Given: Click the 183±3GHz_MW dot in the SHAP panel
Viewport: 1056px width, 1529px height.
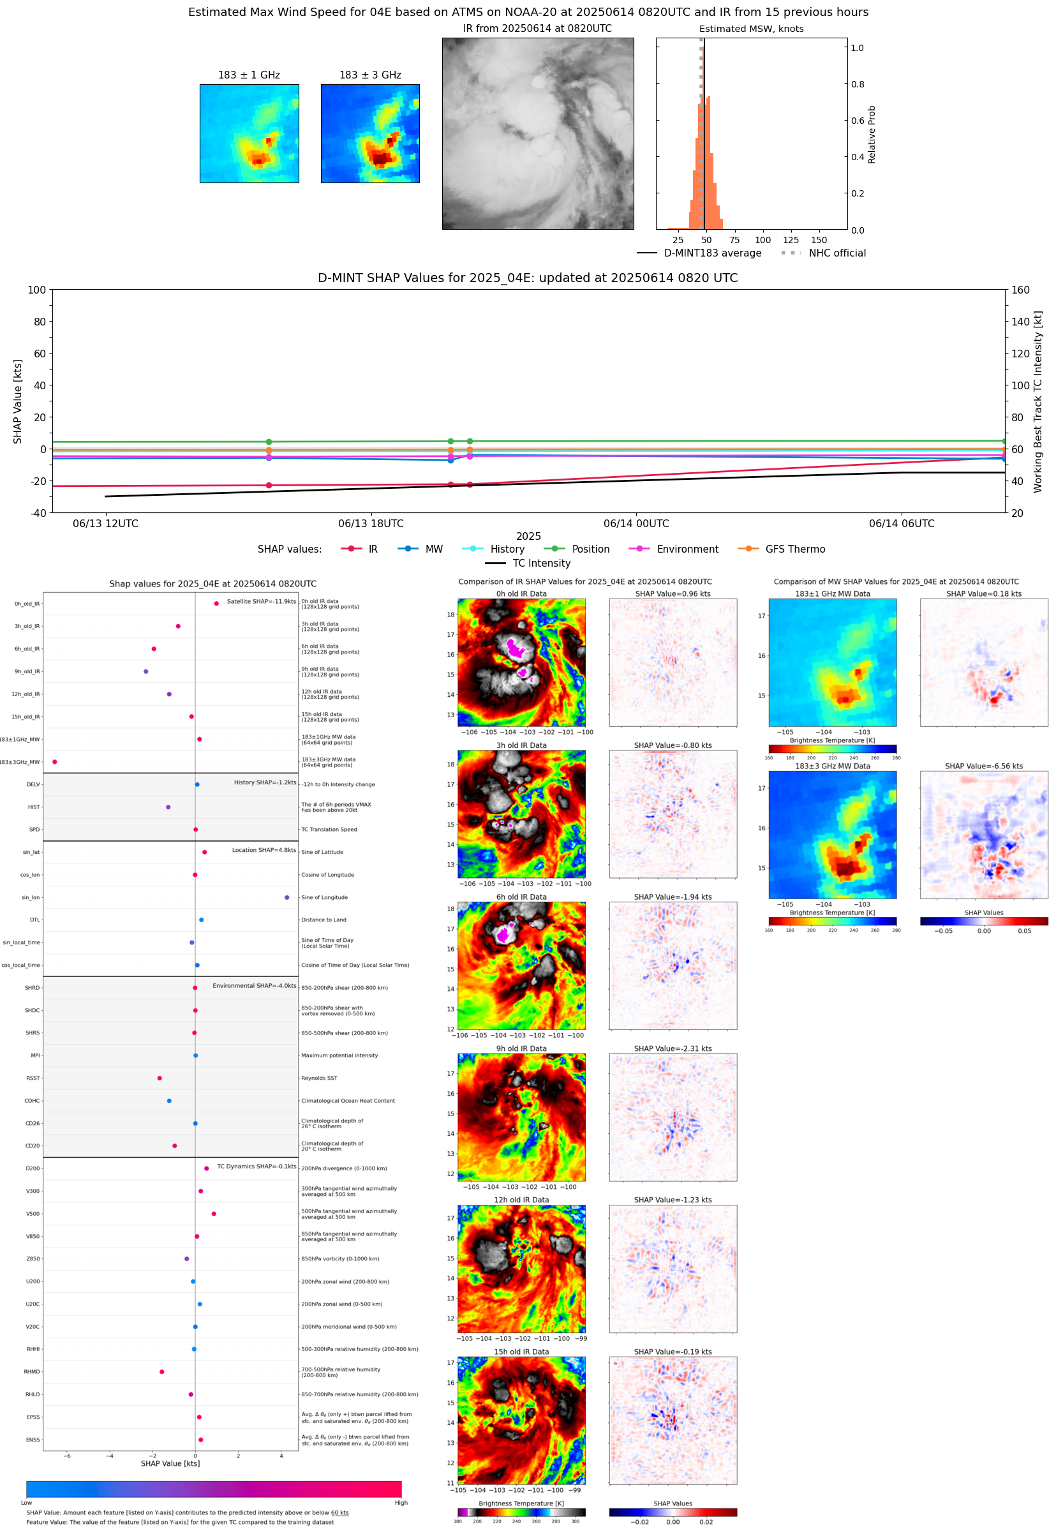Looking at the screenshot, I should pyautogui.click(x=54, y=761).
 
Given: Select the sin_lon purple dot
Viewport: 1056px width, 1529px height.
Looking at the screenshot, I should pyautogui.click(x=286, y=897).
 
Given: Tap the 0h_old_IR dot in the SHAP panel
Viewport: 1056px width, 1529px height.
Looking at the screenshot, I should pyautogui.click(x=216, y=604).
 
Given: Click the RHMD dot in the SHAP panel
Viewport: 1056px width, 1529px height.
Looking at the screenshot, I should pyautogui.click(x=161, y=1371).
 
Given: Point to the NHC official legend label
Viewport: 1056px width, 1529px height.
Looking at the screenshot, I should pyautogui.click(x=837, y=253).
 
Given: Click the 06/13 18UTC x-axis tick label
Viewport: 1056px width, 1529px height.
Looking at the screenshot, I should pyautogui.click(x=371, y=523).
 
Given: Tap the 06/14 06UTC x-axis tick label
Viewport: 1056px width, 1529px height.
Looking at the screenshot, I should pyautogui.click(x=901, y=523).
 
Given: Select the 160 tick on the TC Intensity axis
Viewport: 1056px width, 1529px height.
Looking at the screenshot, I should pyautogui.click(x=1020, y=290).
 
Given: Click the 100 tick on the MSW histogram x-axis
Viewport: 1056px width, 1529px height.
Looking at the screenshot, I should pyautogui.click(x=763, y=240).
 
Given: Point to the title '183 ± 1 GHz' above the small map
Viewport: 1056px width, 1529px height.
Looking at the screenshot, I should pyautogui.click(x=249, y=75).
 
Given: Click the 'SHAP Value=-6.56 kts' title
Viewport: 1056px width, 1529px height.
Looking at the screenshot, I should pyautogui.click(x=983, y=766).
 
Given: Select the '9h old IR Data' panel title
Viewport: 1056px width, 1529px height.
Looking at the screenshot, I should pyautogui.click(x=521, y=1048).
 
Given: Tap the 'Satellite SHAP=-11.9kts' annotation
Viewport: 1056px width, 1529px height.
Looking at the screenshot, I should pyautogui.click(x=262, y=601).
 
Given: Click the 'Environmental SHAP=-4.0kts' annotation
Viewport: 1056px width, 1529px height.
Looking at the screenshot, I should pyautogui.click(x=254, y=986).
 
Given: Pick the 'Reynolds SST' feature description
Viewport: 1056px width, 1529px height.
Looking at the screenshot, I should pyautogui.click(x=319, y=1078).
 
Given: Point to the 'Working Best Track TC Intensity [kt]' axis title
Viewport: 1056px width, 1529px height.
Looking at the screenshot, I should pyautogui.click(x=1037, y=401).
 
